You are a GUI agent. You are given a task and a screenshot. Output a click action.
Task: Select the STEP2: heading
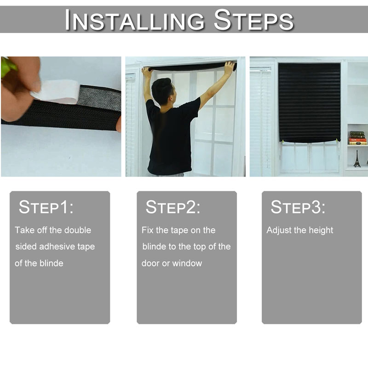pyautogui.click(x=173, y=207)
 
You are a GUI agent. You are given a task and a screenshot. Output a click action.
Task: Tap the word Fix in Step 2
pyautogui.click(x=147, y=230)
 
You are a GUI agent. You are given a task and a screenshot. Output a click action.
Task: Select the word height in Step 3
pyautogui.click(x=321, y=230)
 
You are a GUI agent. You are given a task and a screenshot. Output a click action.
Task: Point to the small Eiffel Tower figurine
pyautogui.click(x=357, y=158)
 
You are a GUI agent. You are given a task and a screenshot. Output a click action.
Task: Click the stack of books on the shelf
pyautogui.click(x=357, y=138)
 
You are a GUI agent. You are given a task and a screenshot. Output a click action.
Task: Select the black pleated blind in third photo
pyautogui.click(x=309, y=101)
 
